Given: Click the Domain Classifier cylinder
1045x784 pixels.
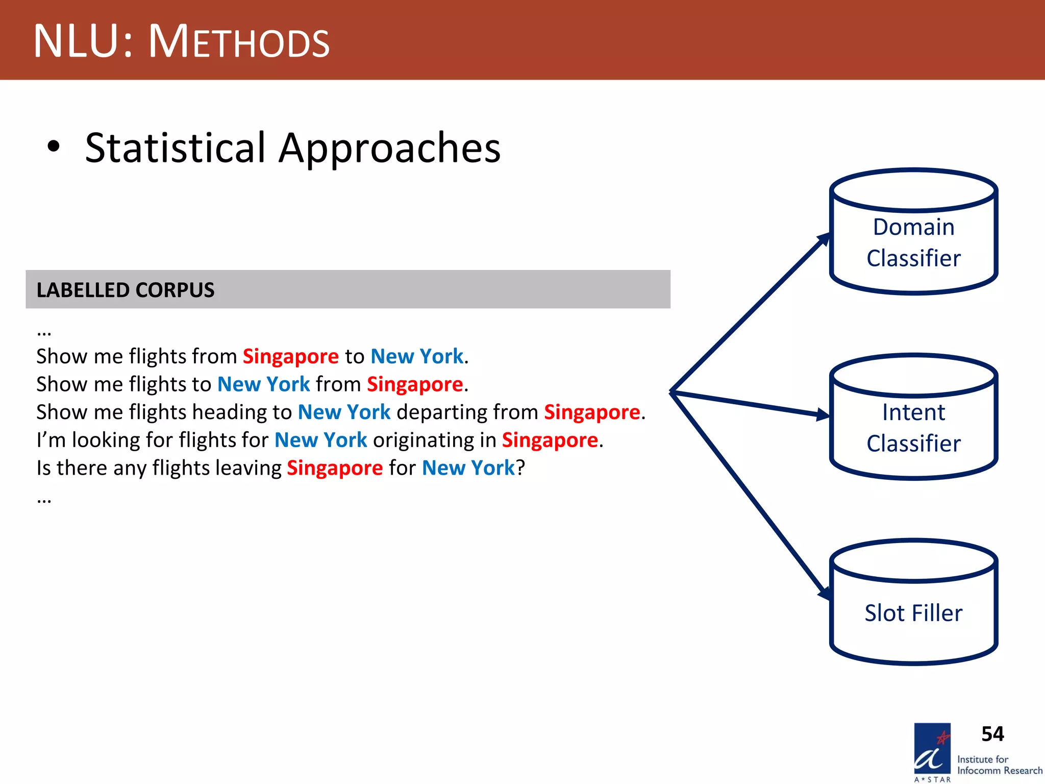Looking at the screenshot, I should [913, 242].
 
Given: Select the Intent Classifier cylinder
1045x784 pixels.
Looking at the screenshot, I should [913, 427].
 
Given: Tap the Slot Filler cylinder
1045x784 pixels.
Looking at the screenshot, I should [913, 612].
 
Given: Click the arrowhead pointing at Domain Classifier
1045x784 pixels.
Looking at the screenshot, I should [823, 239].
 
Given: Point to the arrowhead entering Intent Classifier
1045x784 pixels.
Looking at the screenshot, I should [822, 415].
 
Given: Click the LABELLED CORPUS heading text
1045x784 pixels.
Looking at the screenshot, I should [126, 290].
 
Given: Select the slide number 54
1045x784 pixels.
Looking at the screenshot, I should [992, 734].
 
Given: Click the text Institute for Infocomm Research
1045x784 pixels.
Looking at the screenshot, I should [999, 765].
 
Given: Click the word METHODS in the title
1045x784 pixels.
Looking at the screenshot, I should [239, 42].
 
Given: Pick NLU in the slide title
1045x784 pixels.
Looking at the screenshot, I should [77, 42].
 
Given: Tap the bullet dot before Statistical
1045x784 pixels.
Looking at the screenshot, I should [53, 147].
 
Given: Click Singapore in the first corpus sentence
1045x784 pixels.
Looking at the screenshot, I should [290, 356].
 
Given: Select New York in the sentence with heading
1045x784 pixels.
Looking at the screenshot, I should [344, 412].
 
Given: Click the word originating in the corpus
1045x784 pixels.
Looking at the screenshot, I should [434, 440].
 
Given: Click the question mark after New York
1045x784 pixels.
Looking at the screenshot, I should [520, 468].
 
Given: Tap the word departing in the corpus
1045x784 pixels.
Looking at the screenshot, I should [467, 412].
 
